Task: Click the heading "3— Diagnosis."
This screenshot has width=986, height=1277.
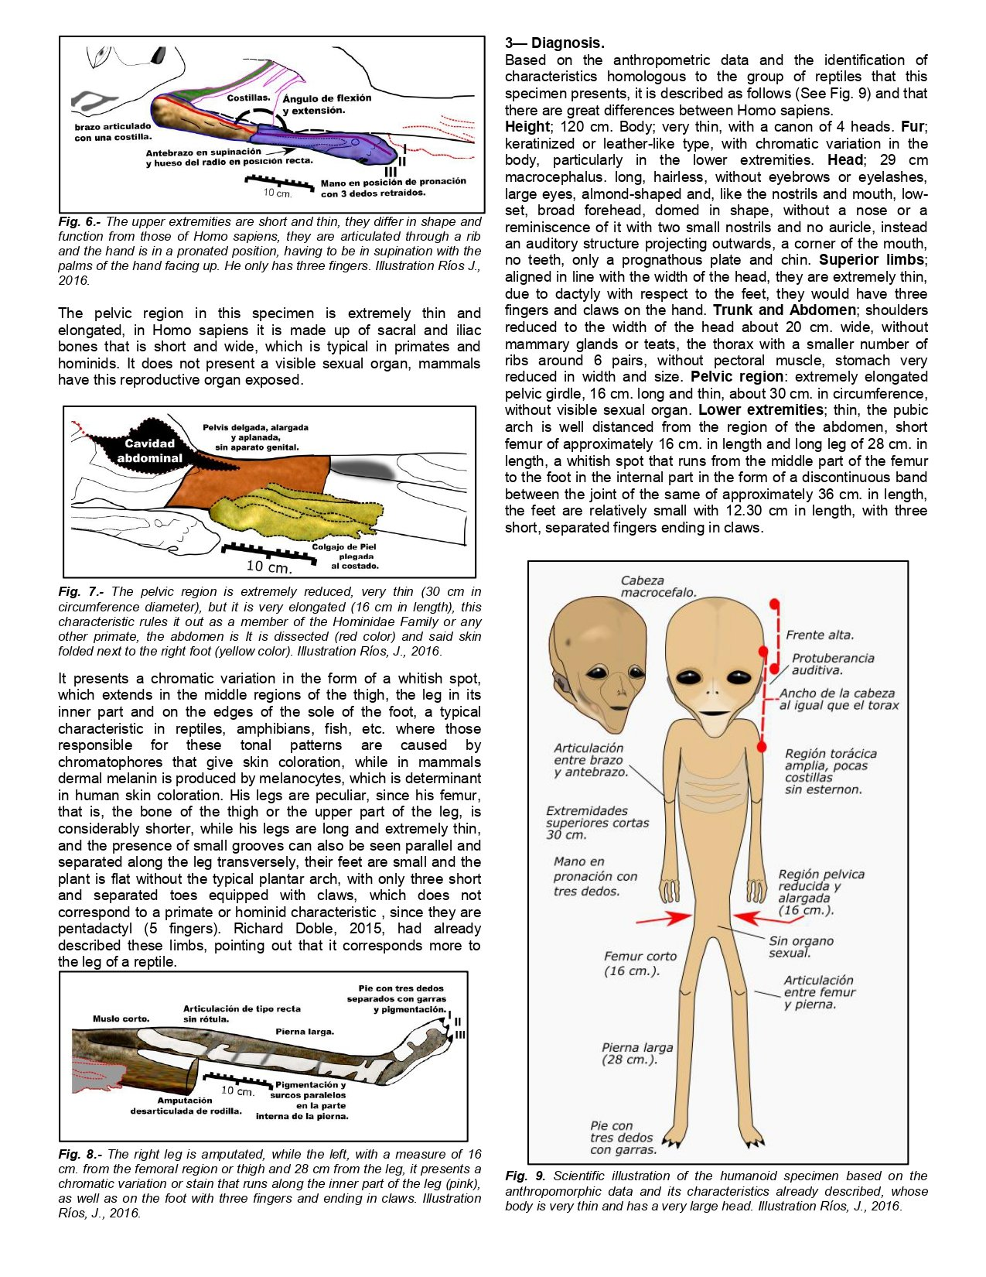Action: pos(554,43)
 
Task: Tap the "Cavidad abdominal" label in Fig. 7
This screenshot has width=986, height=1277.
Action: pos(149,450)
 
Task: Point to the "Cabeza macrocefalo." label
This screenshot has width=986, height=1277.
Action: pos(658,586)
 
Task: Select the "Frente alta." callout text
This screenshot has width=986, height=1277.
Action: pos(820,635)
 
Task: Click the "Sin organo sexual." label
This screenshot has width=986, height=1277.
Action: pos(800,947)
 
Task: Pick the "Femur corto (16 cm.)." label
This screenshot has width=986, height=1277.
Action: pos(640,963)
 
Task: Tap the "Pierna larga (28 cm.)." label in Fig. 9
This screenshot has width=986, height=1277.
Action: pos(637,1053)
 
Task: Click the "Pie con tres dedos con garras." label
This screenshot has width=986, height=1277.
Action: pos(623,1138)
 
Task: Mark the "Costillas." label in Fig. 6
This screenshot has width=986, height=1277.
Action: pos(248,98)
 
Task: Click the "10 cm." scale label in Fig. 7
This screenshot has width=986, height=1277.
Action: pos(268,567)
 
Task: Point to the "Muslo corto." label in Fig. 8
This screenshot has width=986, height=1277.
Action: pos(121,1019)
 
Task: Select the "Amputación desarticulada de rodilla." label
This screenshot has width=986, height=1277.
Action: pos(186,1105)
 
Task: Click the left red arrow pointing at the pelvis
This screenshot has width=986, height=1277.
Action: pos(663,919)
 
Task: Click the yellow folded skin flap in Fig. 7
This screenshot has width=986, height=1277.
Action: pos(294,507)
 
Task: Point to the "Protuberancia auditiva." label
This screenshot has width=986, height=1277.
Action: pos(832,664)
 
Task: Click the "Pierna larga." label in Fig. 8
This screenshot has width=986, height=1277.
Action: pos(305,1032)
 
